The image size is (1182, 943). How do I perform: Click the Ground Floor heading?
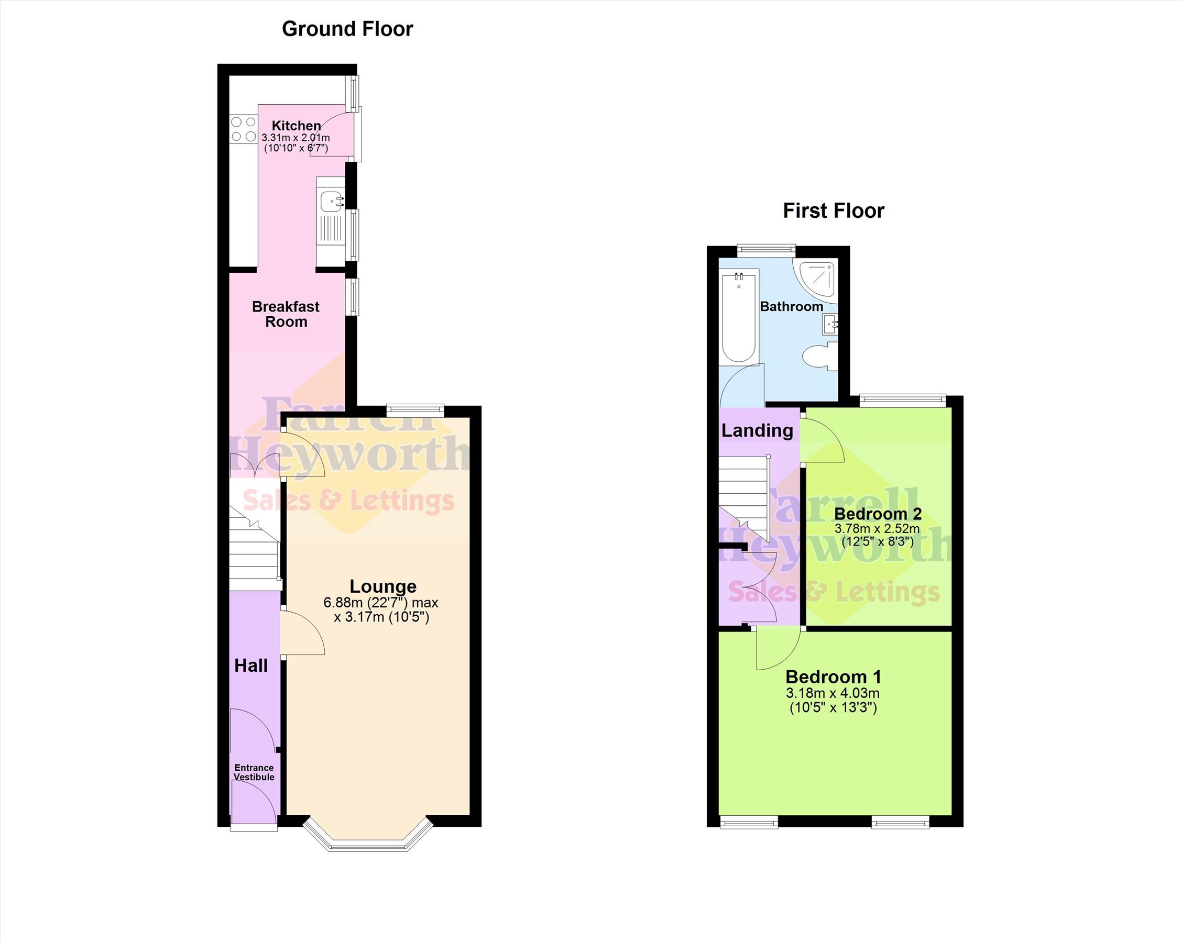point(347,29)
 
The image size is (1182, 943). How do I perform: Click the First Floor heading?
point(834,211)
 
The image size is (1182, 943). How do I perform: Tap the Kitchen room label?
point(296,126)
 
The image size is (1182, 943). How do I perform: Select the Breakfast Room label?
point(286,314)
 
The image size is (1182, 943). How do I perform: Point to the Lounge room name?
point(382,586)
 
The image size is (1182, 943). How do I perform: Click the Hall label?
point(251,665)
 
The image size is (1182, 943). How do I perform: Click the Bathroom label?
point(791,306)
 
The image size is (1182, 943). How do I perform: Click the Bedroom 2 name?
point(877,514)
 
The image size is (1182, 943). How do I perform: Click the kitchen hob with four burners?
point(244,129)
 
